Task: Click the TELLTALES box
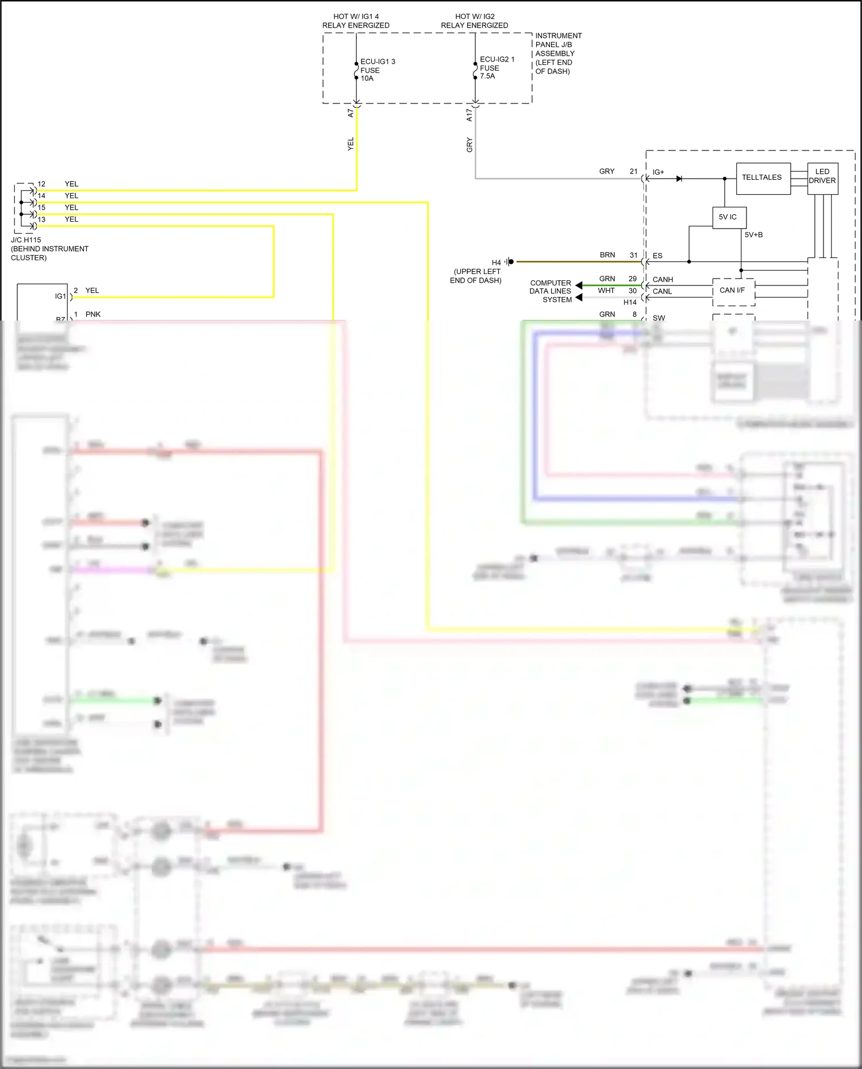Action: (763, 178)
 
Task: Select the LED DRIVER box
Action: (822, 177)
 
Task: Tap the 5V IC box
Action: (729, 217)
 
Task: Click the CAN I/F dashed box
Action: (733, 291)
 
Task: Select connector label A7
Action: (351, 113)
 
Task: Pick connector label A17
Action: (469, 115)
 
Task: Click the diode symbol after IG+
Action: (679, 179)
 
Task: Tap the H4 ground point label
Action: (497, 263)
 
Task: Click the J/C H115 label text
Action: (26, 240)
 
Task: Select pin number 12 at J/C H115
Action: (41, 184)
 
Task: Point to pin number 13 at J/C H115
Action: (41, 219)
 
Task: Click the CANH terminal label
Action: (663, 280)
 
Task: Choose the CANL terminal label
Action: (662, 292)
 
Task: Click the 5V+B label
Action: (753, 235)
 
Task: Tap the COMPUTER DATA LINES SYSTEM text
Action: (551, 291)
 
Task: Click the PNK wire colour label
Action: (93, 314)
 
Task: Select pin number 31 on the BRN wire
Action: (633, 255)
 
